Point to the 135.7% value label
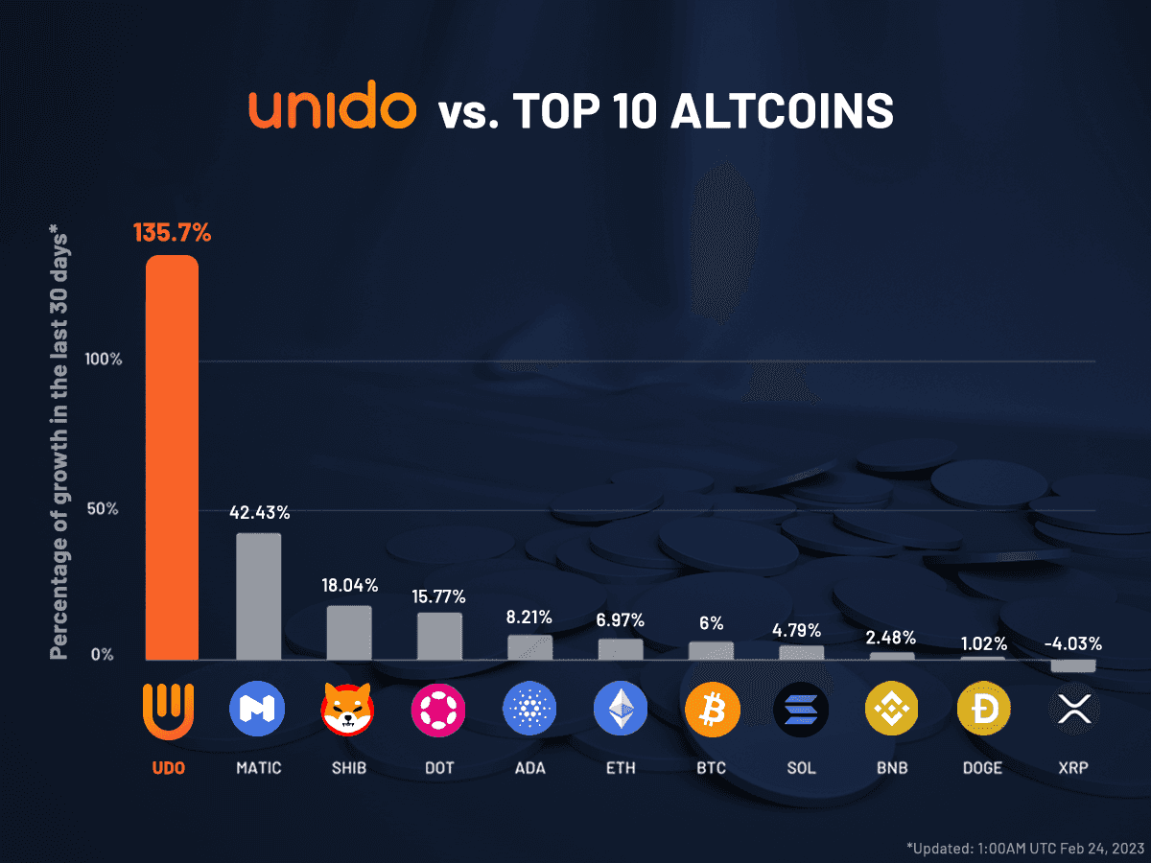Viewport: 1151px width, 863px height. tap(172, 232)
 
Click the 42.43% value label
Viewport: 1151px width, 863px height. tap(259, 512)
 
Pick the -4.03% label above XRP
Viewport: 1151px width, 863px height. tap(1071, 643)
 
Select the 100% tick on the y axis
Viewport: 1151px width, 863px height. tap(104, 360)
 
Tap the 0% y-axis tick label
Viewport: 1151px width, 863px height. tap(103, 655)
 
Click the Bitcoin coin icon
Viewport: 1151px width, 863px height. tap(711, 710)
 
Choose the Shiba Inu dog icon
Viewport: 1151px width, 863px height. tap(348, 710)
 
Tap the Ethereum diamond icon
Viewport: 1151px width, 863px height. tap(621, 710)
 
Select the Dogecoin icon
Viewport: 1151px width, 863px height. tap(982, 710)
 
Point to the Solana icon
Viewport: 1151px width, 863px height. tap(801, 710)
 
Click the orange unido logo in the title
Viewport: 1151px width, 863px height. tap(332, 110)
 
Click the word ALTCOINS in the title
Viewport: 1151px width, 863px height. tap(782, 112)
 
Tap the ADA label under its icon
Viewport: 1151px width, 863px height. tap(529, 768)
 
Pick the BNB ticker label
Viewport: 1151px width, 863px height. tap(891, 768)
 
